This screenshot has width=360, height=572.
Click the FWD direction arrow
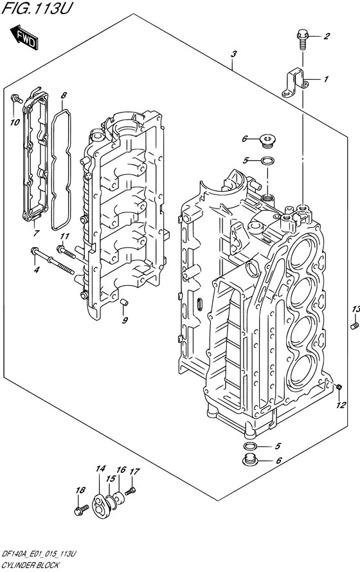24,37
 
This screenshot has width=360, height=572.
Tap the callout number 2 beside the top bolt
327,36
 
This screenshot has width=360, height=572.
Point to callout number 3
233,54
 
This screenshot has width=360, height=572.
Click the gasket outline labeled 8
60,171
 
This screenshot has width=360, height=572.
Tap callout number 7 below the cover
36,233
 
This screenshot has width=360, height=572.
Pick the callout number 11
64,236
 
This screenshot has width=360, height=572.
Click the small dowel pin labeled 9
123,302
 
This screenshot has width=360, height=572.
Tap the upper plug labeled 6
269,141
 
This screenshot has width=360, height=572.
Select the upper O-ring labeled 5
268,160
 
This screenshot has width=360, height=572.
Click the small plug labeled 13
353,326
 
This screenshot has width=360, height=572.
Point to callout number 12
341,405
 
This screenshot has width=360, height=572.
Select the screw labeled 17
130,491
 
